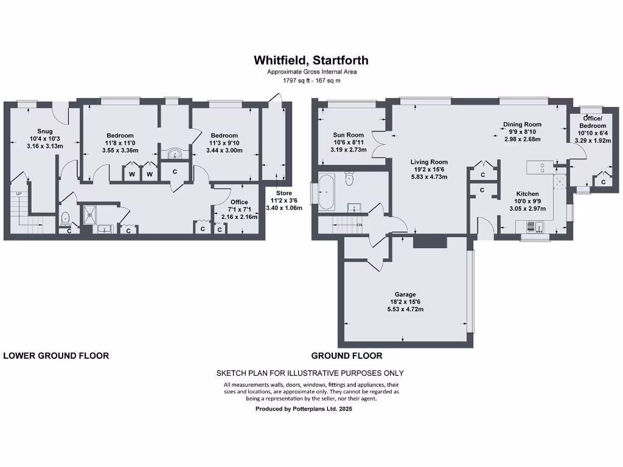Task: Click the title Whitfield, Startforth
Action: click(x=311, y=60)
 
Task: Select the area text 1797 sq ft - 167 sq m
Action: click(x=311, y=80)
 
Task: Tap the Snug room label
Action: click(x=44, y=131)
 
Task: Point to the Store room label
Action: click(x=284, y=193)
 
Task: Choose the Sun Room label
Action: click(x=348, y=135)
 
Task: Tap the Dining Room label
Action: click(x=521, y=125)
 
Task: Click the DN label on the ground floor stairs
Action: click(x=359, y=225)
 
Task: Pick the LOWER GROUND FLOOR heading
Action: click(x=56, y=356)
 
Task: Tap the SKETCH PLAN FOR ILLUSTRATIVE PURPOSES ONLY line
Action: click(x=310, y=373)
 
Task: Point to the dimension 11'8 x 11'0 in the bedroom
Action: click(x=120, y=143)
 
